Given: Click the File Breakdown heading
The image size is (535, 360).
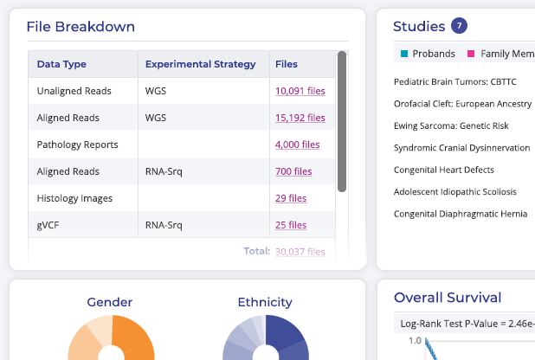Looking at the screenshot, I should coord(81,26).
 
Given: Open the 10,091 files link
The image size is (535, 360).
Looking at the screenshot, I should coord(300,90).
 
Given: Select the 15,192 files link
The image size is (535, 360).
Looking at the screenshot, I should coord(300,118).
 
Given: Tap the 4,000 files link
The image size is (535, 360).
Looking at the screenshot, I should coord(297,145).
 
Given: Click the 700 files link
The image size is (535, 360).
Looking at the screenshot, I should coord(293,171).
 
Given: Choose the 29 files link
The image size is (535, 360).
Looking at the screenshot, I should coord(291,198).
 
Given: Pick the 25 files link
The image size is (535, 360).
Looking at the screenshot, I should coord(291,225).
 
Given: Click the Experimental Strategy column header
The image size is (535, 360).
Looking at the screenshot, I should coord(200,64).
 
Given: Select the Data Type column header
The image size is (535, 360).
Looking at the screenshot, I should coord(61,64).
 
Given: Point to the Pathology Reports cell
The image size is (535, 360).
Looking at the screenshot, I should coord(77,145).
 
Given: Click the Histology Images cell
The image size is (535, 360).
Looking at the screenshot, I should coord(74,198).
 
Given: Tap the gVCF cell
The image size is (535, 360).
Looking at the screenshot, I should coord(49,225).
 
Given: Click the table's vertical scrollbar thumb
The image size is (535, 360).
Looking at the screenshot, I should coord(342,121).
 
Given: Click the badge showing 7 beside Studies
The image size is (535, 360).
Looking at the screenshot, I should coord(459,26).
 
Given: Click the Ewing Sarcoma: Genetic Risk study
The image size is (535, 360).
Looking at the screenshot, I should coord(451,125).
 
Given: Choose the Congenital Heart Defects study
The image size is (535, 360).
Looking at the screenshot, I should coord(443,170).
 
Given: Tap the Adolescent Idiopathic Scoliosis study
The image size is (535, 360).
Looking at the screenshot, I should coord(454,191).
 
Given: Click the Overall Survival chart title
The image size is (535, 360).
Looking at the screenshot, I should coord(448,298).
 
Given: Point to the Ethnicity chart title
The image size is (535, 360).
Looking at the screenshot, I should coord(265,302).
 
